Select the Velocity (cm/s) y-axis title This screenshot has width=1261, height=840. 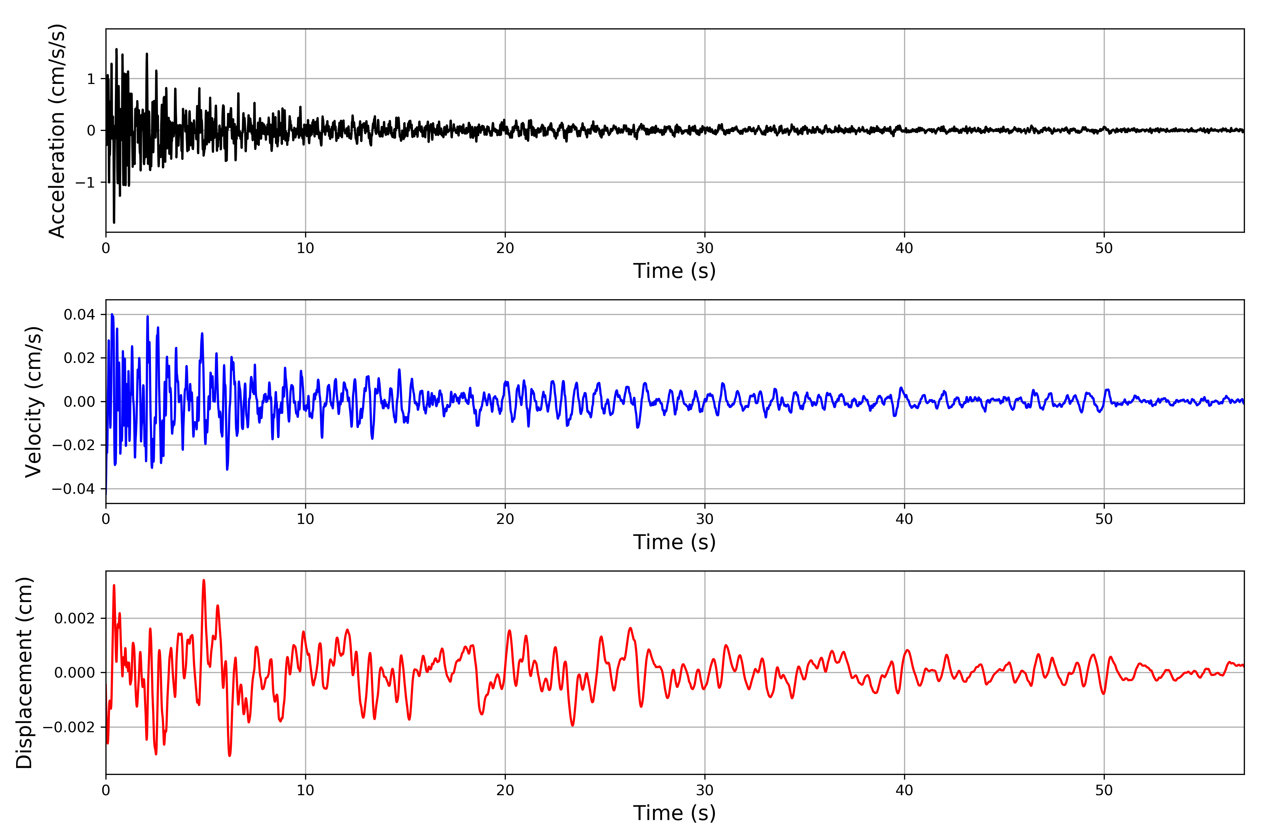point(33,402)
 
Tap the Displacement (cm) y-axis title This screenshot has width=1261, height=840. point(25,673)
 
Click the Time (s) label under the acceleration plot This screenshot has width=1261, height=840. point(675,271)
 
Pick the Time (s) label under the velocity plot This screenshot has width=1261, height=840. point(675,542)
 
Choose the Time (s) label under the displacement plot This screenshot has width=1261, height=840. point(675,813)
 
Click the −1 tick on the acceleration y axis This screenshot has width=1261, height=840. point(85,183)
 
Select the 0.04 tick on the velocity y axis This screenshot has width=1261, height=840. point(80,314)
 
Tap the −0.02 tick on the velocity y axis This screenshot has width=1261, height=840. point(74,445)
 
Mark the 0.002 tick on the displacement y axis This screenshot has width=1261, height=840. point(75,619)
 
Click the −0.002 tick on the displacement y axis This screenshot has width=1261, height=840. point(69,728)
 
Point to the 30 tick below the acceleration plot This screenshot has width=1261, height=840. point(704,248)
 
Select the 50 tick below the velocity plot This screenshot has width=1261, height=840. point(1104,519)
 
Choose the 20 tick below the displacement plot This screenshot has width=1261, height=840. point(505,790)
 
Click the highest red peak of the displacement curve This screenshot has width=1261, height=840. point(204,580)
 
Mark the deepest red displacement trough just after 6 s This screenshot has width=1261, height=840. point(229,755)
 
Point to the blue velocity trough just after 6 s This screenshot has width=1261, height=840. point(227,469)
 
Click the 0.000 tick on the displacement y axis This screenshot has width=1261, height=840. point(75,673)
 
